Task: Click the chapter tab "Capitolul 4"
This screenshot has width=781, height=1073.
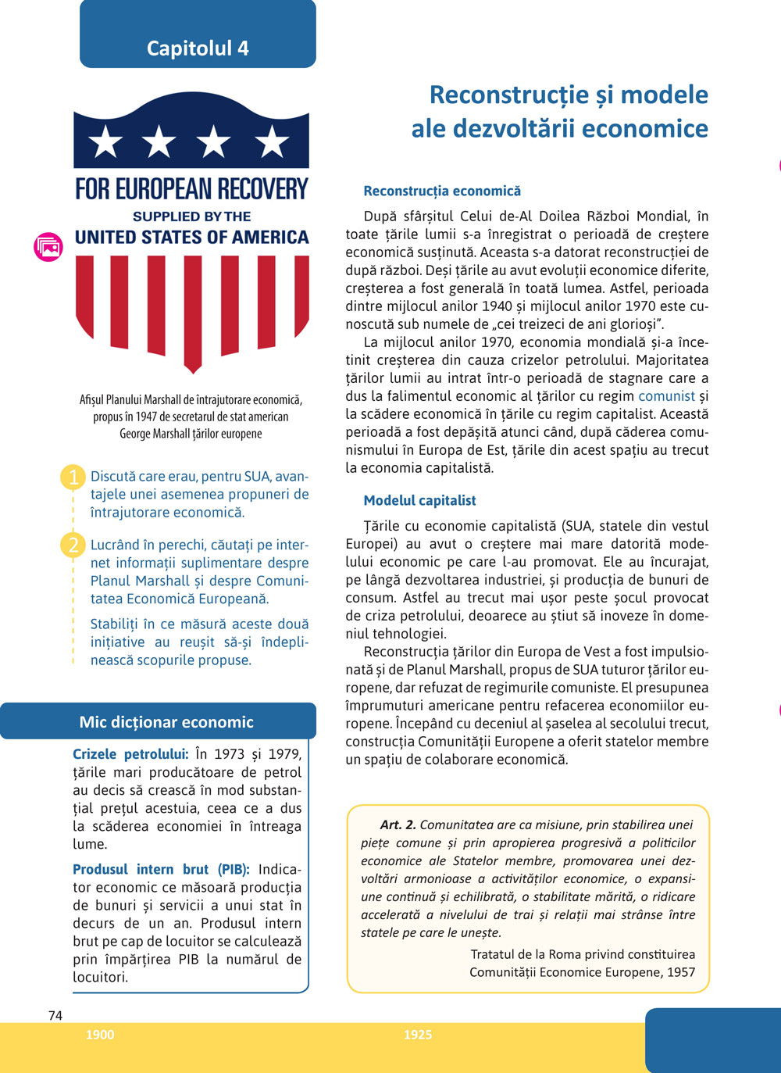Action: click(x=198, y=48)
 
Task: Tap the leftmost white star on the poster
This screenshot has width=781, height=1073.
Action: click(x=106, y=142)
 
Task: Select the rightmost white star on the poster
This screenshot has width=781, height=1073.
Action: click(x=272, y=142)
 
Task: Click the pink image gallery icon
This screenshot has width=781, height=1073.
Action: click(x=48, y=247)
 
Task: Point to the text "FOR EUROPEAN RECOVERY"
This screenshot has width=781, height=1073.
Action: click(x=191, y=189)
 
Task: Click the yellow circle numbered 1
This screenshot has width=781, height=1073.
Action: click(x=73, y=477)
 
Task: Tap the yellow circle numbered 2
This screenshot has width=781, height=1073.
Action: click(x=73, y=545)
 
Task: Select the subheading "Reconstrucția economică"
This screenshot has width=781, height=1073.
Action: click(x=442, y=191)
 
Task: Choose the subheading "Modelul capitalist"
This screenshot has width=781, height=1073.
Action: click(x=419, y=501)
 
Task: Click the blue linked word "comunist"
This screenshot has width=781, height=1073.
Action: click(x=666, y=396)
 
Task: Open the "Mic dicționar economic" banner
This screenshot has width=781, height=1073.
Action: click(x=166, y=722)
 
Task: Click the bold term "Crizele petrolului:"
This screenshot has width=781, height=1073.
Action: click(x=130, y=754)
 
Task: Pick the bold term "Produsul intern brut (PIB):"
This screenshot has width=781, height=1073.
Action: click(x=161, y=869)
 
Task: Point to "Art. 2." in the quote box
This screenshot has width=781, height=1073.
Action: click(x=398, y=824)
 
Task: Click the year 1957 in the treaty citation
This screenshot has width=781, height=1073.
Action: click(x=680, y=972)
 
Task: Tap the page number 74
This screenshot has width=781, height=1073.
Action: click(x=55, y=1015)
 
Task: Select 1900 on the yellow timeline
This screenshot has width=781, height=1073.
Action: click(x=100, y=1035)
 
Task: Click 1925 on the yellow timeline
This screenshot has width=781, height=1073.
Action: click(x=418, y=1035)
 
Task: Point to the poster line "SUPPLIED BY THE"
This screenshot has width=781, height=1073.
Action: click(x=191, y=216)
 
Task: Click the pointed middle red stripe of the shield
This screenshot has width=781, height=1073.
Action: click(x=193, y=313)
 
